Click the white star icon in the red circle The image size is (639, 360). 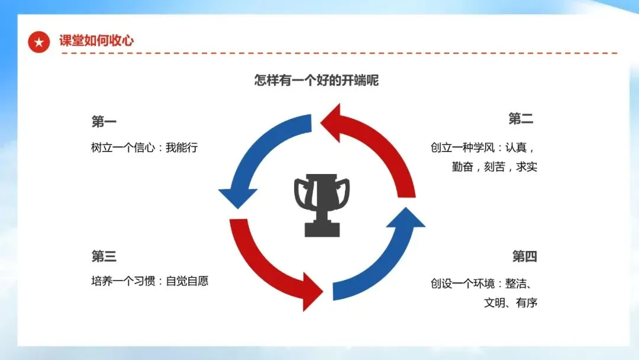click(x=39, y=41)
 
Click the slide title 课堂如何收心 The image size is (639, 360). click(x=96, y=41)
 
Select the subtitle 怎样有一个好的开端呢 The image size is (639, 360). click(x=317, y=81)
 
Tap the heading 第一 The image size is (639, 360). click(x=104, y=122)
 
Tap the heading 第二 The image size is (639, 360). click(x=521, y=119)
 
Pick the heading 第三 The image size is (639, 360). click(x=104, y=256)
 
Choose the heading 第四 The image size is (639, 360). click(x=524, y=256)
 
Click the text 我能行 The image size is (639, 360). click(x=182, y=147)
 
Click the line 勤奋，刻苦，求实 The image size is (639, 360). click(x=495, y=167)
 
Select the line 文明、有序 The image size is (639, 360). click(x=510, y=303)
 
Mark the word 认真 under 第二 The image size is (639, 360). click(x=515, y=147)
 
